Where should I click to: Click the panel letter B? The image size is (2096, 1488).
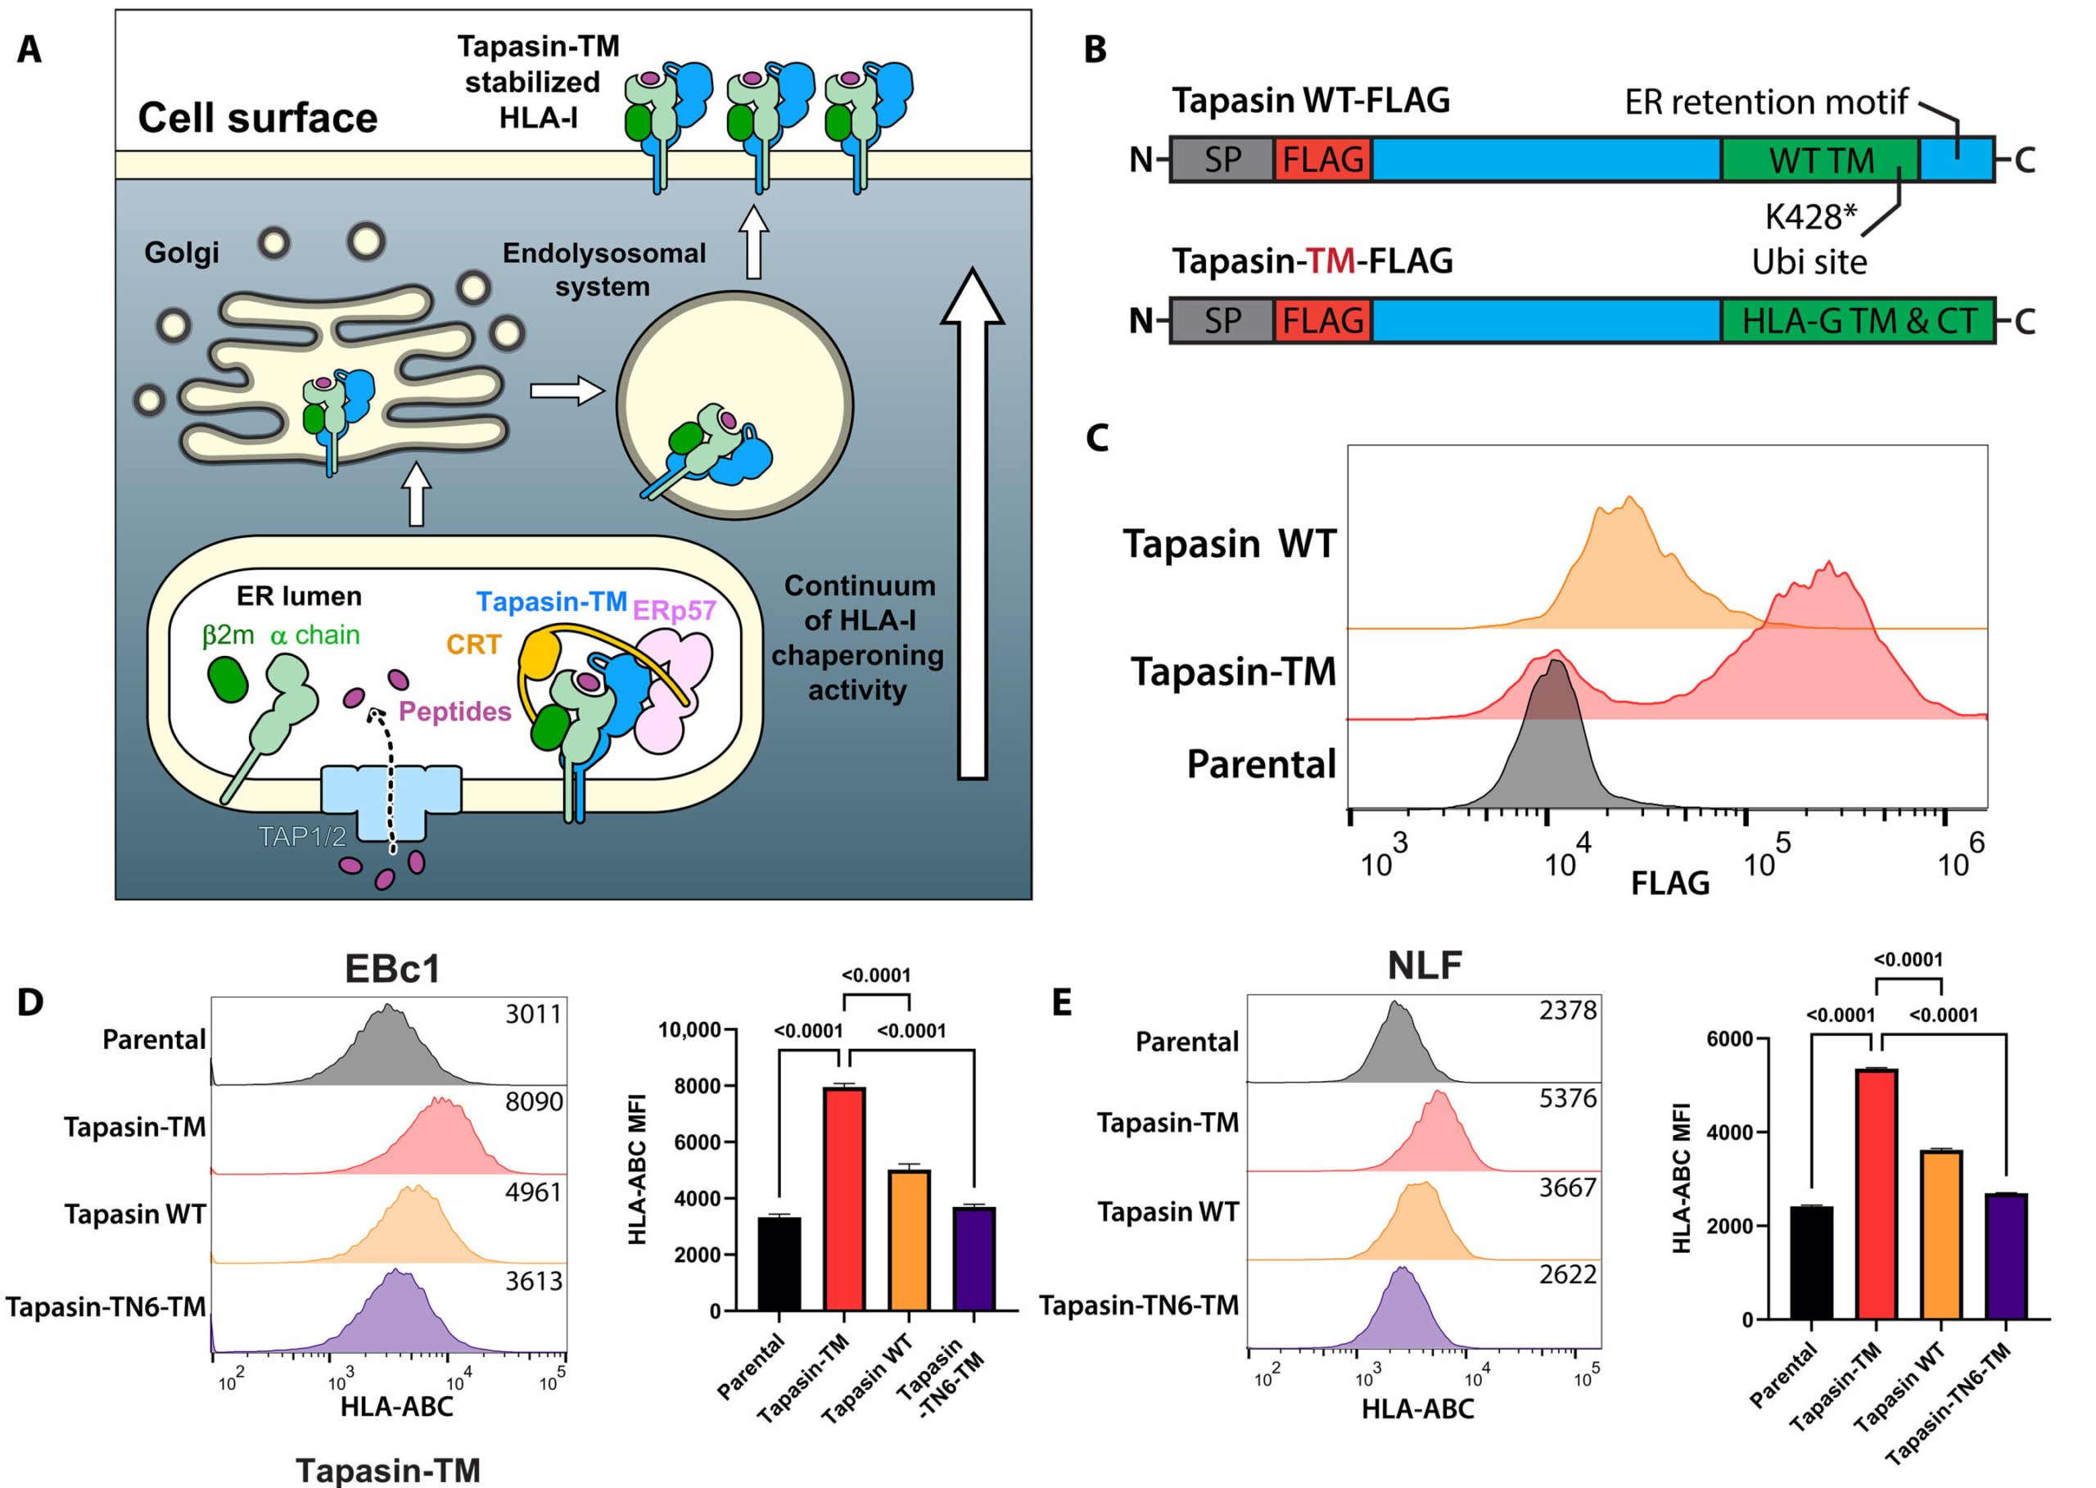pyautogui.click(x=1095, y=48)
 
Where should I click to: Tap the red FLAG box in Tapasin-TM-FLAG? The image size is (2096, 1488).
pyautogui.click(x=1322, y=321)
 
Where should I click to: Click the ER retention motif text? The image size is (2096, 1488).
pyautogui.click(x=1765, y=102)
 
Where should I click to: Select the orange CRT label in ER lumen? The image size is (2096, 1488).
pyautogui.click(x=473, y=644)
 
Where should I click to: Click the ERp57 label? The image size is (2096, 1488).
pyautogui.click(x=673, y=610)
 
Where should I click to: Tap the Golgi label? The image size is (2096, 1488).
pyautogui.click(x=182, y=252)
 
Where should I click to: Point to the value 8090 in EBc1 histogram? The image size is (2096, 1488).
pyautogui.click(x=534, y=1101)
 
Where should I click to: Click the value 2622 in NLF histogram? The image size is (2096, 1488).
pyautogui.click(x=1566, y=1274)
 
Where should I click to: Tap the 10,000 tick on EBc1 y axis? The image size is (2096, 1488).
pyautogui.click(x=689, y=1030)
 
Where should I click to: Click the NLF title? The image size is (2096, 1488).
pyautogui.click(x=1424, y=965)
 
